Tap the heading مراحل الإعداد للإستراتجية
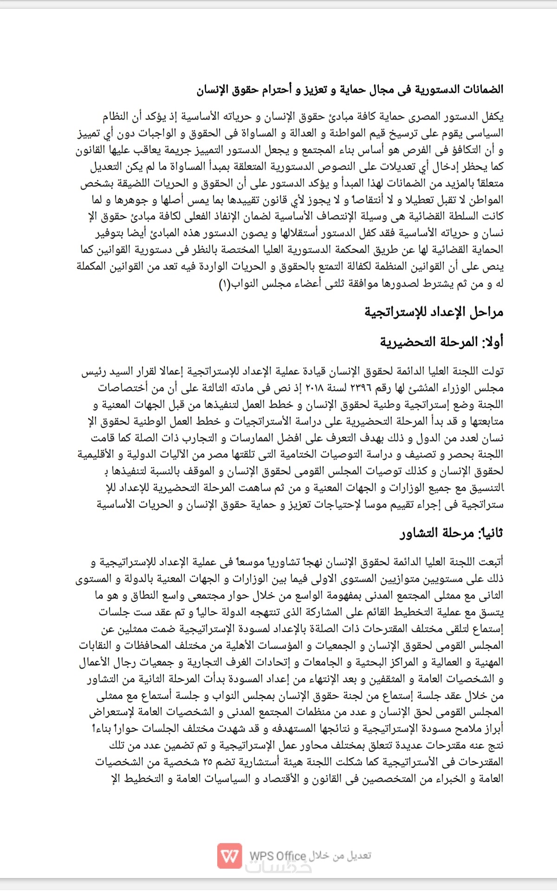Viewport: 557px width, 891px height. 434,312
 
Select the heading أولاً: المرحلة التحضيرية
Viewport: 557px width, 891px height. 441,342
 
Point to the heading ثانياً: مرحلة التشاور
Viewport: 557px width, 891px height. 451,533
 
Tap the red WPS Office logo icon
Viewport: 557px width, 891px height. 230,856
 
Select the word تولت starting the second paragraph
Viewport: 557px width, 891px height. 492,371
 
